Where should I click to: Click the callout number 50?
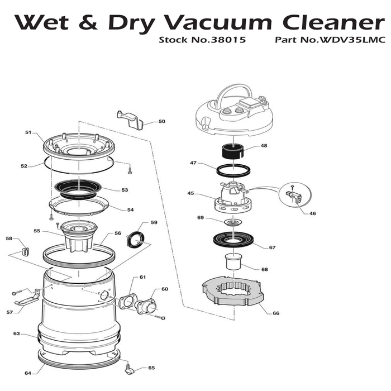(162, 121)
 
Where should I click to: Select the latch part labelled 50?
(130, 120)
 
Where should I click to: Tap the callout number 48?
(264, 146)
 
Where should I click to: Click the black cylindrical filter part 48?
(232, 151)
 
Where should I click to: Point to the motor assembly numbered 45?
(233, 198)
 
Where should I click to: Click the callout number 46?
(312, 213)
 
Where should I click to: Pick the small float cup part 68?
(233, 261)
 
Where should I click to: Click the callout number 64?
(28, 373)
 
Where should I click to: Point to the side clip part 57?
(27, 298)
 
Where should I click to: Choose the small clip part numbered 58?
(26, 252)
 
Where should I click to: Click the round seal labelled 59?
(135, 240)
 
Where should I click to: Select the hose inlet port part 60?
(146, 306)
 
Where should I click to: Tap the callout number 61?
(142, 277)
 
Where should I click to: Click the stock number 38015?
(228, 40)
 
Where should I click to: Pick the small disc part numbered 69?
(233, 222)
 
